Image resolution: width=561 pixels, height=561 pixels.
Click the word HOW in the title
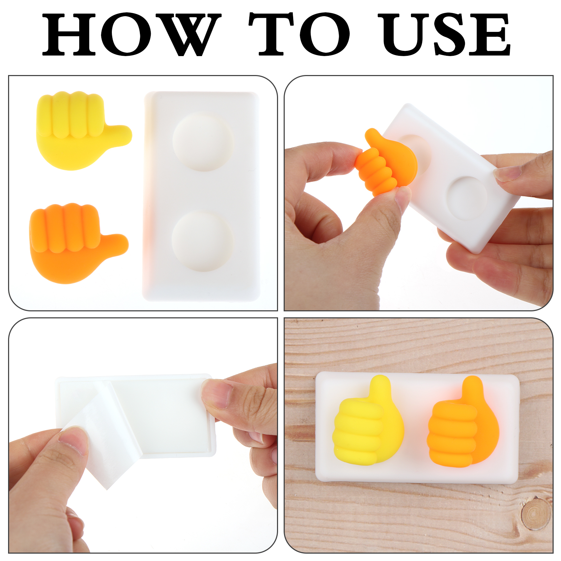point(131,34)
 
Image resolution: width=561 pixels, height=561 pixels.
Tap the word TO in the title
point(299,34)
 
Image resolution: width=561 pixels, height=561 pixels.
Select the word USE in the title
point(446,34)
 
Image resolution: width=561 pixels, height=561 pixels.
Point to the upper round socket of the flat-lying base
point(203,142)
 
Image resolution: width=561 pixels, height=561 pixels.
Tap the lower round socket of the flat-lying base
point(202,241)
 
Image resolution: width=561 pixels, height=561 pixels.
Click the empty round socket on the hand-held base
point(467,197)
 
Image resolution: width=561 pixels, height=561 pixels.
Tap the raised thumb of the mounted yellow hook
point(380,389)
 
